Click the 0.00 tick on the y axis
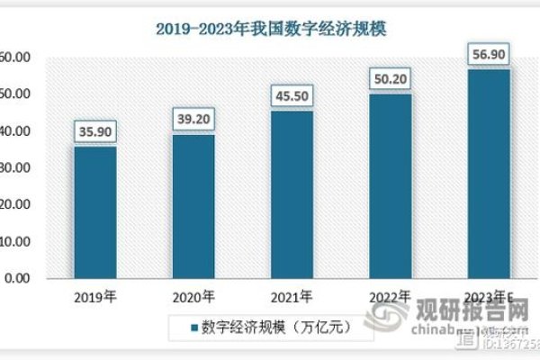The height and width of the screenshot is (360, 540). [15, 279]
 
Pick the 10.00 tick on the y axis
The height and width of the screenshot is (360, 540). [15, 242]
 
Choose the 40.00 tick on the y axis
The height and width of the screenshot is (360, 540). [15, 131]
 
